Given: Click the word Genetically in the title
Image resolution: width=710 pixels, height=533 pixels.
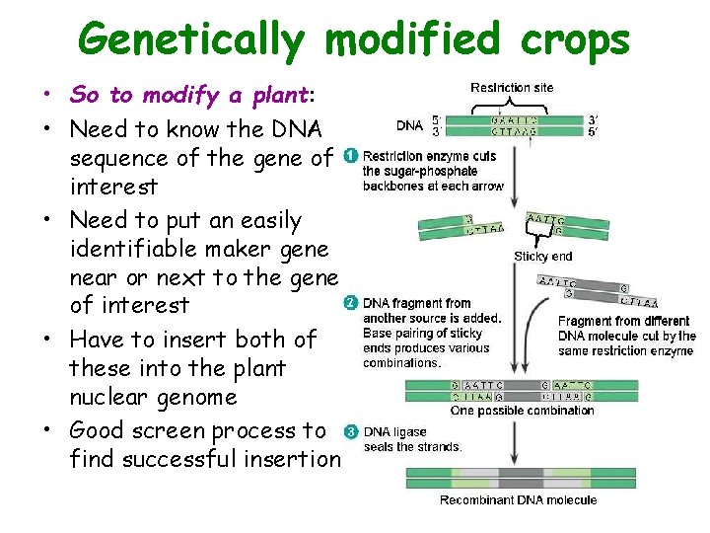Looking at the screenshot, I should point(193,40).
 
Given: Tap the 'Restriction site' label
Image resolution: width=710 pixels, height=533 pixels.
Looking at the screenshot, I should point(512,88).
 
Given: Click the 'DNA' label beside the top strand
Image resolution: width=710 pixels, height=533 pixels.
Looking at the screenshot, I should point(409,125).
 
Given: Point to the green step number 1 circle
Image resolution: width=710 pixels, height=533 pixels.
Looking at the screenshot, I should point(351,156).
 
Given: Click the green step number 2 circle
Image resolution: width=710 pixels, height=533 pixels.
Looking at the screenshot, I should point(350,302).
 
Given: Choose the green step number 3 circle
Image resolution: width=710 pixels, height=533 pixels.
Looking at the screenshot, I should point(350,431).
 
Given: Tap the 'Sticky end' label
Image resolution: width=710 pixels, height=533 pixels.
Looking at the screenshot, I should point(542,256).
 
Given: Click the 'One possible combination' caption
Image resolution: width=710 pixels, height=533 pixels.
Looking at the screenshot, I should point(522,411).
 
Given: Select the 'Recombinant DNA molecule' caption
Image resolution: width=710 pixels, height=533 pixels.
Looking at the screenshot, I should point(518,500).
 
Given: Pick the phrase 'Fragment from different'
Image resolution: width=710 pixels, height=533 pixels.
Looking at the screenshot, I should point(624,322).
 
